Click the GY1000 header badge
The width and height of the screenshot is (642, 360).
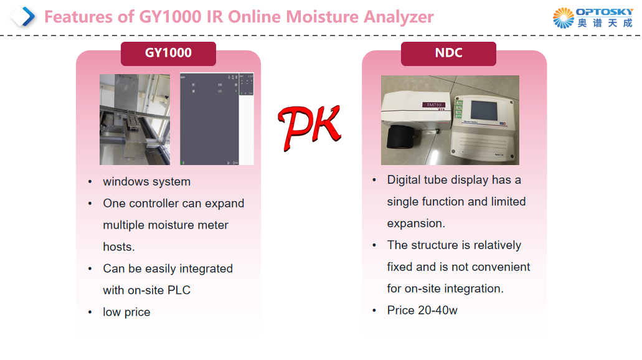point(168,54)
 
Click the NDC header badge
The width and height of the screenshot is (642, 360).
point(448,54)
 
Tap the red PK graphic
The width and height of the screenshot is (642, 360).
point(309,127)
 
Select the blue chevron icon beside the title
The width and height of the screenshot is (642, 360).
point(24,16)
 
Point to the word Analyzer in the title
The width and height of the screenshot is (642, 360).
point(399,17)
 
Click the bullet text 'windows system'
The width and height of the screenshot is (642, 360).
point(146,182)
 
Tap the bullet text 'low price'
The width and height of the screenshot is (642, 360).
point(126,312)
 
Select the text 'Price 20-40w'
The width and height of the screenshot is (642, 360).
point(422,310)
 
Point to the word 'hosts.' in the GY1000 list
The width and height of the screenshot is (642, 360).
point(119,247)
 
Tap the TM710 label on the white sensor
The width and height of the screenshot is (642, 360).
point(432,106)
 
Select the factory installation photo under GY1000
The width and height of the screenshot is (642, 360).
point(135,120)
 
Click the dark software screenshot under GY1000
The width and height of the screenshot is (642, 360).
point(209,120)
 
